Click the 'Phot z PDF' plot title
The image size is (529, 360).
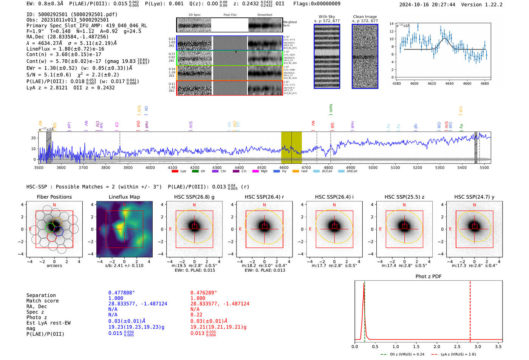(x=428, y=277)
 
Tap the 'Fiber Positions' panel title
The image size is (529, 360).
(x=54, y=197)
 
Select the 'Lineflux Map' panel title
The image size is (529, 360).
(x=124, y=197)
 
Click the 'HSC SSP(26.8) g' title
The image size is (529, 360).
(x=194, y=197)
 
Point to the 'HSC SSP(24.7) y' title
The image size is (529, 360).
(x=474, y=197)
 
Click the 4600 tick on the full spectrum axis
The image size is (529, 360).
(x=284, y=167)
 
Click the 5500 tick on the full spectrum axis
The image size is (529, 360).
(x=484, y=167)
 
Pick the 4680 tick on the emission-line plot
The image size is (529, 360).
(x=484, y=83)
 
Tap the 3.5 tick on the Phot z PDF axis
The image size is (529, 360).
(x=498, y=346)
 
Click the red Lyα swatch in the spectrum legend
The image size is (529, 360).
(x=175, y=172)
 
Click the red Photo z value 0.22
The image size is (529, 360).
(x=196, y=315)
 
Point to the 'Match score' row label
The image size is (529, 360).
(x=42, y=301)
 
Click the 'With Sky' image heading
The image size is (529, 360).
(x=326, y=17)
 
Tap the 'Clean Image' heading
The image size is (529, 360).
(x=365, y=17)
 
